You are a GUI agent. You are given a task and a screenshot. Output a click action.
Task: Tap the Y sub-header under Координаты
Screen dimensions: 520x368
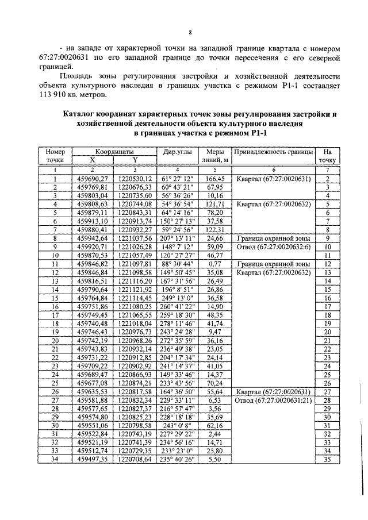click(134, 160)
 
